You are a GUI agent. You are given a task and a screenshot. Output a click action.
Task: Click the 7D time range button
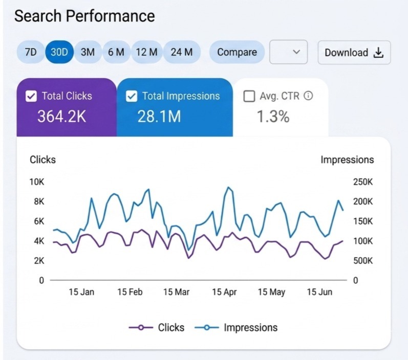coord(31,52)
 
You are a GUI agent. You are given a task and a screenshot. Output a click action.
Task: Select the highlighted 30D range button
coord(59,52)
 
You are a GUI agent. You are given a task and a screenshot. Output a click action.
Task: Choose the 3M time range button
coord(88,52)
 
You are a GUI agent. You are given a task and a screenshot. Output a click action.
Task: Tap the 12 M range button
coord(147,52)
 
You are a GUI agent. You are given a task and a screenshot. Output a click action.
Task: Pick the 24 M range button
coord(182,52)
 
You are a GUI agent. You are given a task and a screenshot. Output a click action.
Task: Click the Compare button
coord(237,52)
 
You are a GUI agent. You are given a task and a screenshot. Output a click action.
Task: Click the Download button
coord(354,52)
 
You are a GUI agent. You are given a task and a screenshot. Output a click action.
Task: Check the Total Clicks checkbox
coord(31,96)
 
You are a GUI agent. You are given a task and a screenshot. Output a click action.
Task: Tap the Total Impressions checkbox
coord(132,96)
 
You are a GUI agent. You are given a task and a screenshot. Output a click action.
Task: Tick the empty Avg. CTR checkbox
coord(249,96)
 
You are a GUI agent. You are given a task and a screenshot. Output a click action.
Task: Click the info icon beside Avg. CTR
coord(308,96)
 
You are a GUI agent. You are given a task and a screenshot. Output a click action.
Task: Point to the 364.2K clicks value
coord(61,116)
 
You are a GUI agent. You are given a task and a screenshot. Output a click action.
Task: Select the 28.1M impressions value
coord(159,116)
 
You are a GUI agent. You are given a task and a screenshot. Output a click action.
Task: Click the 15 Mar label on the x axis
coord(176,292)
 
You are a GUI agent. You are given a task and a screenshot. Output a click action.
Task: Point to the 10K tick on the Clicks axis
coord(37,182)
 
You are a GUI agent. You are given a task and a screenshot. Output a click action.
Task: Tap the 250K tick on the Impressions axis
coord(363,182)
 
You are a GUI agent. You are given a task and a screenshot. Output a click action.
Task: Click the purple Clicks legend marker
coord(141,327)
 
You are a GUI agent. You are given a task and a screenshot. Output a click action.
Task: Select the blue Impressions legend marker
coord(207,327)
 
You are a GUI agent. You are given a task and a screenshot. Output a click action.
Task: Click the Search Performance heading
coord(84,16)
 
